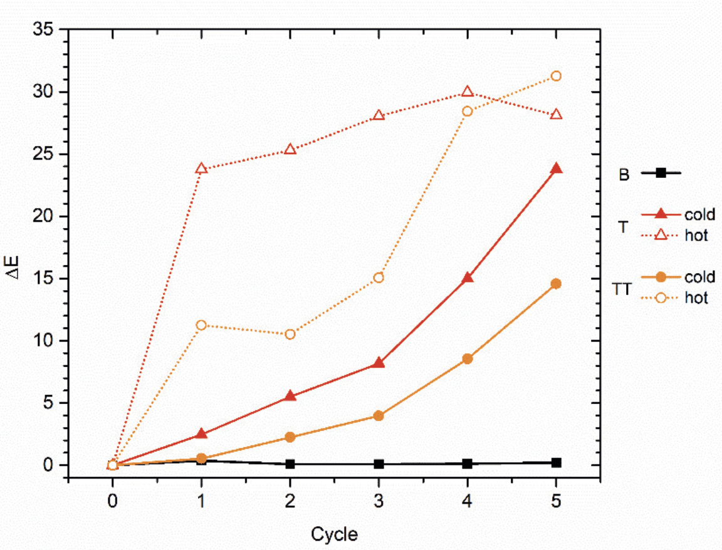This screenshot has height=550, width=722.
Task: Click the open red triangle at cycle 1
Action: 201,169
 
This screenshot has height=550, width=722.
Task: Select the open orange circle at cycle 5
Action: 555,76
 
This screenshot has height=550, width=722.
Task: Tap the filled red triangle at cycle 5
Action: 555,169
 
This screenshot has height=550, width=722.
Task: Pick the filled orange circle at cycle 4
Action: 467,359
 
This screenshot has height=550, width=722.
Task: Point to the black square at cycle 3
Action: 379,464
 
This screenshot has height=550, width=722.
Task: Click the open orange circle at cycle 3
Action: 379,278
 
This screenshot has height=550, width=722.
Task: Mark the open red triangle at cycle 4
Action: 467,92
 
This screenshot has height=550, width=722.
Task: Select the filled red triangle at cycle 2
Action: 290,396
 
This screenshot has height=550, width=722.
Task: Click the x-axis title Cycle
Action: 334,534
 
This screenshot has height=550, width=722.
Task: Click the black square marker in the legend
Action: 661,173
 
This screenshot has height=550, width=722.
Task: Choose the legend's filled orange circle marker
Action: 661,276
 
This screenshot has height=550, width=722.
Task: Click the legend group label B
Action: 624,175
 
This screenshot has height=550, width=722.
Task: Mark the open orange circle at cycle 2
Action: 290,334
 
